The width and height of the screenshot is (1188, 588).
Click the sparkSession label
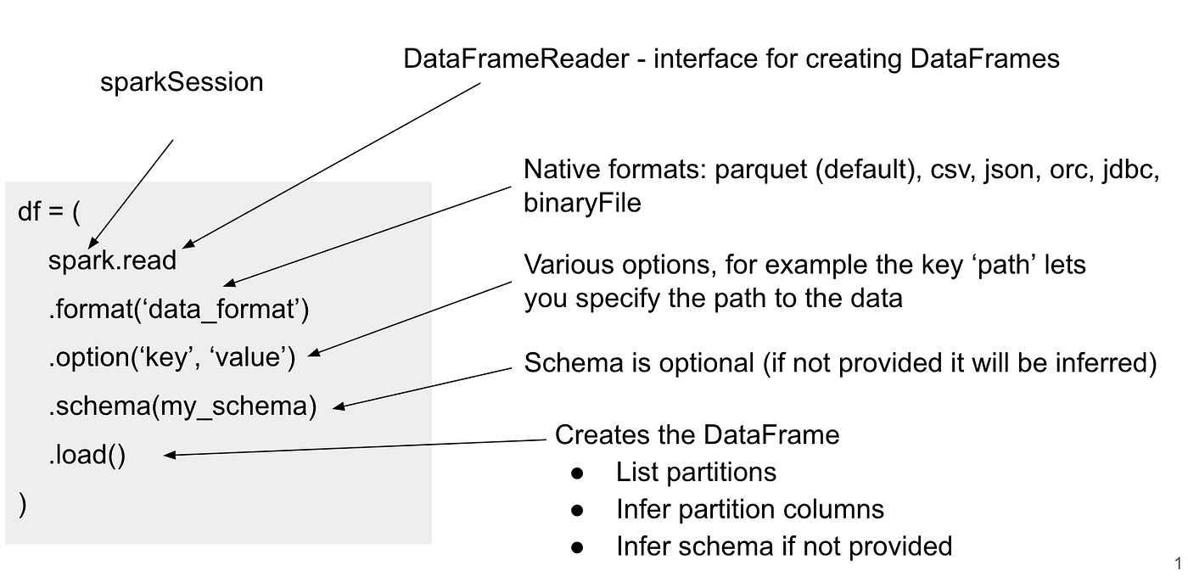(182, 82)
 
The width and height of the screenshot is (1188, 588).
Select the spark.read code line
(112, 260)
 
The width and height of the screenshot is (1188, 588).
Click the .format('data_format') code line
(178, 310)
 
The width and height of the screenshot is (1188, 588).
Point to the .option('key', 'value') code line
(171, 358)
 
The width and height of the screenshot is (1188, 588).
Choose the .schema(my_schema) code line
(182, 406)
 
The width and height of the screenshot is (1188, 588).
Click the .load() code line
(87, 456)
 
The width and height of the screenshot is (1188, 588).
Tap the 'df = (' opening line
(49, 211)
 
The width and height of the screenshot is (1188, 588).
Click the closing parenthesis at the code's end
(23, 504)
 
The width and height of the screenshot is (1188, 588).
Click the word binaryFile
(582, 204)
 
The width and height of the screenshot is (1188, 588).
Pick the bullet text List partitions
(696, 472)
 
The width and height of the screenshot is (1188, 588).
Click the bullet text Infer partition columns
(750, 509)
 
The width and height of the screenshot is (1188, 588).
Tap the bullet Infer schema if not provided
(784, 546)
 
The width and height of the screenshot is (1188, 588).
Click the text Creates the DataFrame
(697, 434)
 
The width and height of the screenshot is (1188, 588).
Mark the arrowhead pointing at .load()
(169, 456)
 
